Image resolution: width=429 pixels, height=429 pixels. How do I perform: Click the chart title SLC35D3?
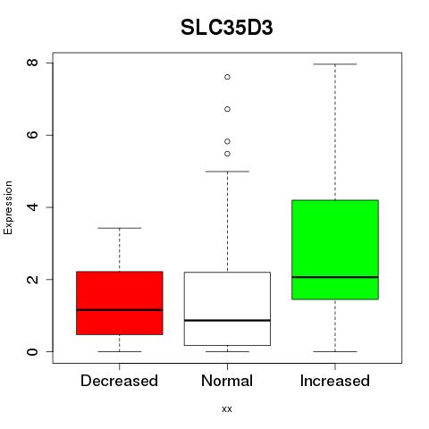pyautogui.click(x=227, y=28)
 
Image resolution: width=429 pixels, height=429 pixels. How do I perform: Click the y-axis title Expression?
pyautogui.click(x=8, y=207)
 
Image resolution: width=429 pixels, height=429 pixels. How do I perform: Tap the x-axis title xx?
pyautogui.click(x=227, y=408)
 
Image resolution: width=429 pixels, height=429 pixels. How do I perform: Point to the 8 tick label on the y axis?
pyautogui.click(x=32, y=63)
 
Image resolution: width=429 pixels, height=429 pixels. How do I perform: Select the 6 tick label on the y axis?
pyautogui.click(x=32, y=135)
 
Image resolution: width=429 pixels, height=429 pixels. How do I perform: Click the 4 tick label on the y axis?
pyautogui.click(x=32, y=207)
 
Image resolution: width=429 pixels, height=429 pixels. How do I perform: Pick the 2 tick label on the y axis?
pyautogui.click(x=32, y=279)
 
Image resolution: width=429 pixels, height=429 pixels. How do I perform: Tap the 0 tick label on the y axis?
pyautogui.click(x=32, y=351)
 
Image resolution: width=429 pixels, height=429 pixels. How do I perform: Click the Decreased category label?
pyautogui.click(x=119, y=381)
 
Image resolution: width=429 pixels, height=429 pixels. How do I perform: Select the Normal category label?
pyautogui.click(x=227, y=381)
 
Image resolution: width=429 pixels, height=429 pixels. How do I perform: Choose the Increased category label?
pyautogui.click(x=335, y=381)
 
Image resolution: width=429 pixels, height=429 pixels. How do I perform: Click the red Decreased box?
pyautogui.click(x=120, y=303)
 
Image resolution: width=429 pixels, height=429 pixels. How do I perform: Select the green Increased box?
pyautogui.click(x=335, y=249)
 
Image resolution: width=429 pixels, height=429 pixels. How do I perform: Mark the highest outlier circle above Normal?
pyautogui.click(x=227, y=77)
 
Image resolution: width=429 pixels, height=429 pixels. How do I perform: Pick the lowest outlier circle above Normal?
pyautogui.click(x=227, y=154)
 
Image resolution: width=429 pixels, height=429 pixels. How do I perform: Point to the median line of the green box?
pyautogui.click(x=335, y=277)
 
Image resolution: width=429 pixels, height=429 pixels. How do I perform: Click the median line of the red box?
pyautogui.click(x=120, y=310)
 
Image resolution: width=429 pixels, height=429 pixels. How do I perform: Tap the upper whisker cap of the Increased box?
pyautogui.click(x=335, y=64)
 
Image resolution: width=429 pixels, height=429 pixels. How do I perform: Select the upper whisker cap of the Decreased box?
pyautogui.click(x=120, y=228)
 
